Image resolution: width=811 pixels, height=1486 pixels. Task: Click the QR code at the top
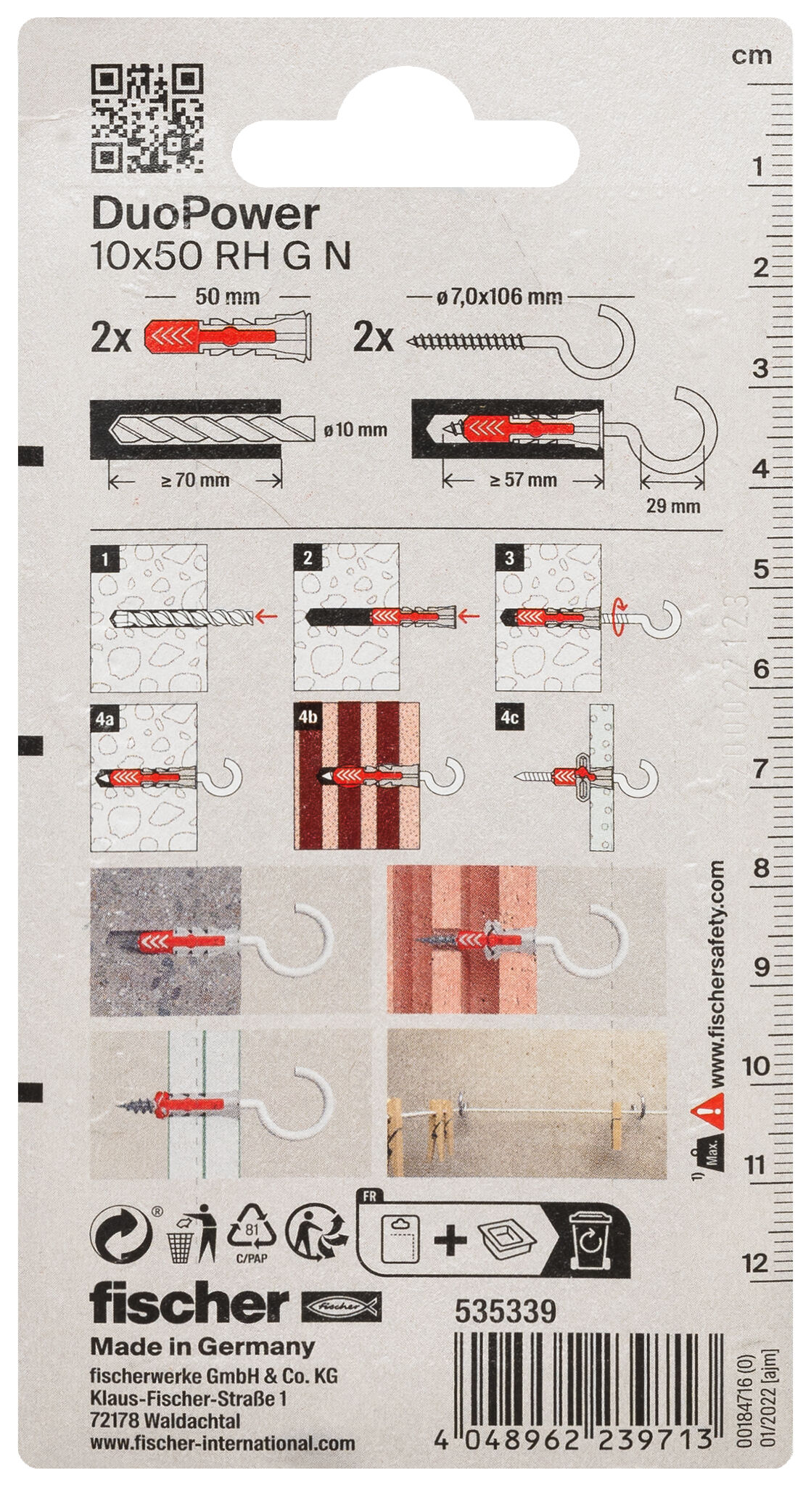tap(147, 120)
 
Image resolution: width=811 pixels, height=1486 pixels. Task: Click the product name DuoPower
tap(205, 215)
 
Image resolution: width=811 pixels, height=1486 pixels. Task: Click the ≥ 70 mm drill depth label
tap(195, 480)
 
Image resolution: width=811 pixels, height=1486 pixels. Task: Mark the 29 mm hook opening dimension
tap(673, 506)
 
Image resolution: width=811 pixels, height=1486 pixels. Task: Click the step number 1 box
tap(106, 558)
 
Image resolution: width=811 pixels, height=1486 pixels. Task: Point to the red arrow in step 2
tap(472, 617)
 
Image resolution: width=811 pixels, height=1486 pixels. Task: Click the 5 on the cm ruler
tap(759, 570)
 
